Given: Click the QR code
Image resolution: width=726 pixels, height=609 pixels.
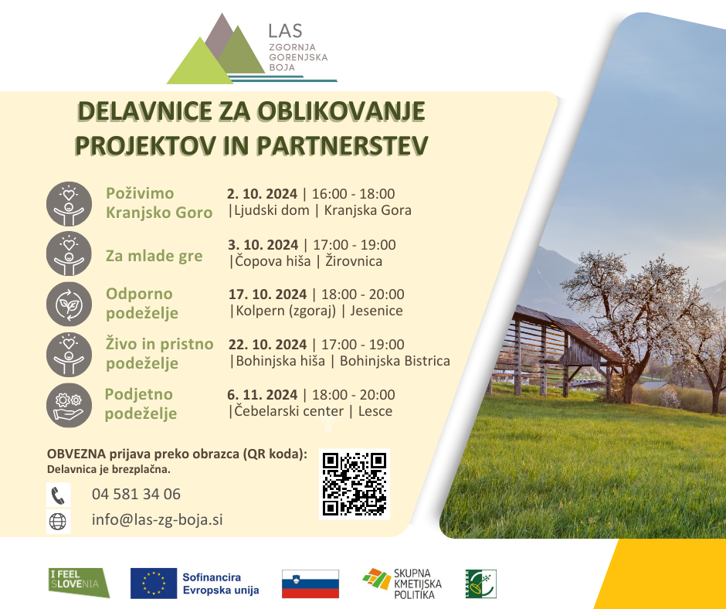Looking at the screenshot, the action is point(355,484).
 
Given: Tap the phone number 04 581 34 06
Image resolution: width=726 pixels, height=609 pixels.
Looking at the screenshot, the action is point(136,494).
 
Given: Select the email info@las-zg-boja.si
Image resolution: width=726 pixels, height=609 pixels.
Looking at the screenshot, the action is point(157,519).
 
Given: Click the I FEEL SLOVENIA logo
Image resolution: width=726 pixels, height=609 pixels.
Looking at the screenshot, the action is point(79,583).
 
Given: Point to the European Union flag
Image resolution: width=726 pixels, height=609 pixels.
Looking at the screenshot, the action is point(154,583).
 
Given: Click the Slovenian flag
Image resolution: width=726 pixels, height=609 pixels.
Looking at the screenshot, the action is point(310,584).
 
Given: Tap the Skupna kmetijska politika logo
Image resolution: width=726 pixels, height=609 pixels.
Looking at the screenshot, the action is point(402,584).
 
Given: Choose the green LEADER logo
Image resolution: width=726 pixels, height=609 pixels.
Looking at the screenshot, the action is point(481,584).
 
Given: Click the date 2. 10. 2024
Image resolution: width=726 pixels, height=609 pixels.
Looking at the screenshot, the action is point(262,194).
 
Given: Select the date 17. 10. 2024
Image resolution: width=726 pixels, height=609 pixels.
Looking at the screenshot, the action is point(268,294).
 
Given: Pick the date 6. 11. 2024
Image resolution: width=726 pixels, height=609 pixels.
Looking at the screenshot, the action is point(262,395).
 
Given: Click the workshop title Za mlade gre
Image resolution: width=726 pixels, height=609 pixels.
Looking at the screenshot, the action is point(154,256).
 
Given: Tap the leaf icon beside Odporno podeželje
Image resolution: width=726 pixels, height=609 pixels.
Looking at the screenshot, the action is point(69,304).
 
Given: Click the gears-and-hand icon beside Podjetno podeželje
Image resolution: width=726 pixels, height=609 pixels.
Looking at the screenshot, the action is point(69,405).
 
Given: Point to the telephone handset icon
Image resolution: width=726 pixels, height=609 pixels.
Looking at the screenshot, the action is point(59,495).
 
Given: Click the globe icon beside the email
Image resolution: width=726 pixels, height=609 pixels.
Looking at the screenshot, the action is point(59,522).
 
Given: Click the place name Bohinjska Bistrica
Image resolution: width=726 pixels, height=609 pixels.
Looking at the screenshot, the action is point(395,361).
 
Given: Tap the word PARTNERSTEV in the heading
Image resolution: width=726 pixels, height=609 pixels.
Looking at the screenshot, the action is point(342,145).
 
